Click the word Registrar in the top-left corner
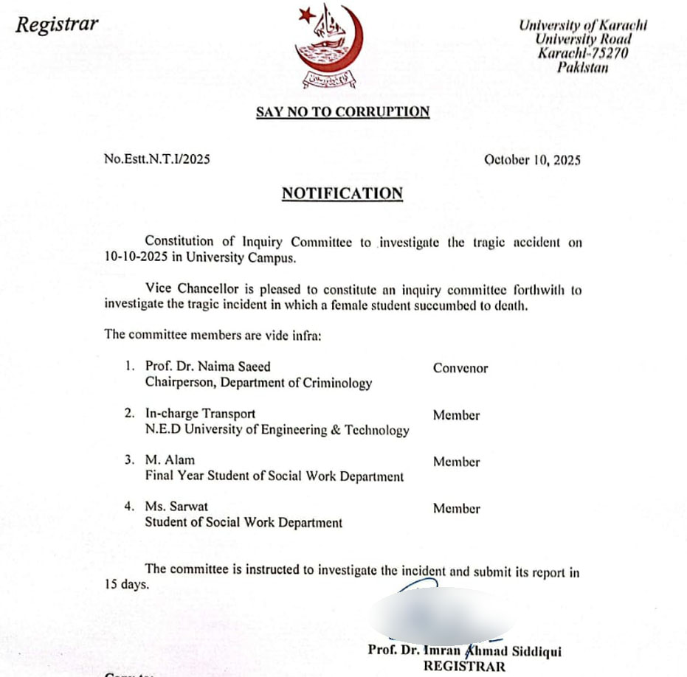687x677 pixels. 58,24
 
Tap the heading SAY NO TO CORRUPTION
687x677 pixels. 342,112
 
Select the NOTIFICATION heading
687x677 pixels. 342,193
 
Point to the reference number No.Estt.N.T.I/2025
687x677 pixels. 157,159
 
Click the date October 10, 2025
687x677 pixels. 532,159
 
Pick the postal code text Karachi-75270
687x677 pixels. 573,53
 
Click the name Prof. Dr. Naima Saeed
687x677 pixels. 208,367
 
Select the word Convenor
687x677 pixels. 460,368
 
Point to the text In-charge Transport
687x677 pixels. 200,414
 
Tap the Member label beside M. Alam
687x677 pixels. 456,462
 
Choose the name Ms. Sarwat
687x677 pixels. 176,507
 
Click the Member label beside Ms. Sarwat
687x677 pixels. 456,508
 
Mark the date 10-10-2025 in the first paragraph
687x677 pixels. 135,258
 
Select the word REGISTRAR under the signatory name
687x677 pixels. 464,667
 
